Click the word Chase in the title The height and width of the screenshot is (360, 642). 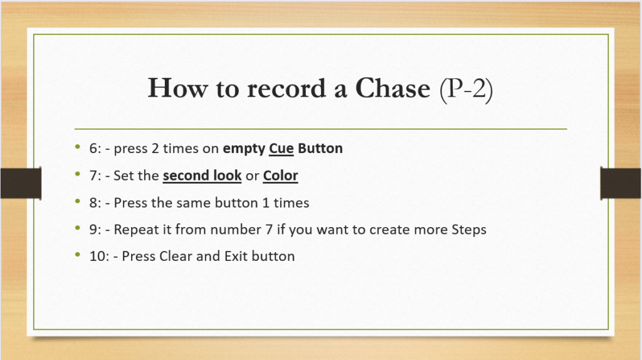click(392, 88)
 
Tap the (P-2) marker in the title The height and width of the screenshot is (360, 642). click(466, 89)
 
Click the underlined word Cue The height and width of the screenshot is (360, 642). click(282, 148)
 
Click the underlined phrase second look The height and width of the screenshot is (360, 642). click(203, 175)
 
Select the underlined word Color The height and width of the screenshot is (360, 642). click(280, 175)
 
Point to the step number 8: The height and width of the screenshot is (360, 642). click(95, 203)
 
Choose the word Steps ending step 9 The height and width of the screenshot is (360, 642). click(469, 230)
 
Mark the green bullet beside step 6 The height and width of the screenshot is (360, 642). click(78, 147)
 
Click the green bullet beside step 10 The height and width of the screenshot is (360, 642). click(78, 255)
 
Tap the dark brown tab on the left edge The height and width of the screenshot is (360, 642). click(21, 183)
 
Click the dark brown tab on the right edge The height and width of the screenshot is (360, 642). click(621, 183)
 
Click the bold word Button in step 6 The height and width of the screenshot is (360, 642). click(320, 148)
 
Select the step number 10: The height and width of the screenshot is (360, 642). click(100, 256)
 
